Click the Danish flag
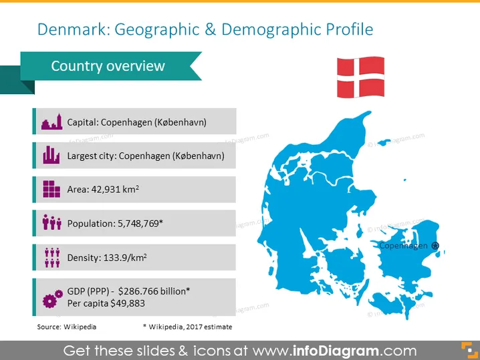(360, 77)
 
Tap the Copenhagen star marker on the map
(435, 245)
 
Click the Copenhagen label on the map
(403, 246)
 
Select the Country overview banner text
(108, 66)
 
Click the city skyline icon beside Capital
(51, 122)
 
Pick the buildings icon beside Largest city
(51, 155)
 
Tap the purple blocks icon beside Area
(51, 189)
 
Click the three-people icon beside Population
(51, 222)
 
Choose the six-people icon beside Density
(52, 258)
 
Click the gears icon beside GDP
(53, 299)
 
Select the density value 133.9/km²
(125, 258)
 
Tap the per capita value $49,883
(128, 303)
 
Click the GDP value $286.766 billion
(152, 291)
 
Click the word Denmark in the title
(74, 29)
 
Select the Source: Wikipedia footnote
(67, 327)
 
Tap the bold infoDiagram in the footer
(336, 351)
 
